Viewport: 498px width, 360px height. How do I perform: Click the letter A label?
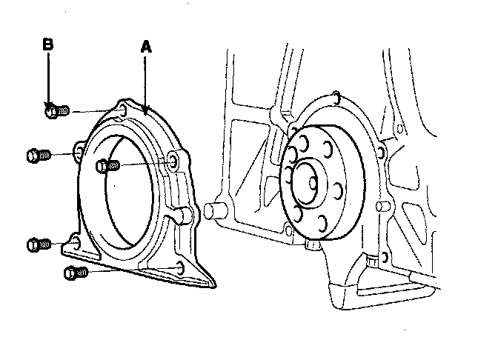(146, 46)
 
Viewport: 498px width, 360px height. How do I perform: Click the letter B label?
(47, 44)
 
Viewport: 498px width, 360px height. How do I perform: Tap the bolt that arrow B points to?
(54, 111)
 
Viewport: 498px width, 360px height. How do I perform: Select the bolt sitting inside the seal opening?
(107, 166)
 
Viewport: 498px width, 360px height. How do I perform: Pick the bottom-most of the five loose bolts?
(75, 273)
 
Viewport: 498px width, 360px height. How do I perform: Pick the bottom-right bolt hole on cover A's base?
(181, 267)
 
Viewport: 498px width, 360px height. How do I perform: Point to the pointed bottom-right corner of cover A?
(214, 283)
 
